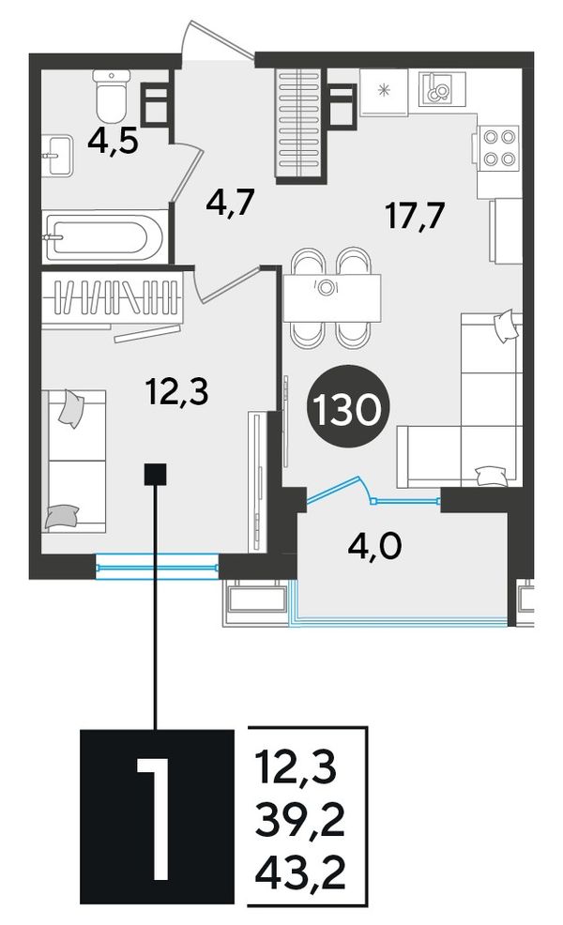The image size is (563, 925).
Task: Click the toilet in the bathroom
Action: coord(112,95)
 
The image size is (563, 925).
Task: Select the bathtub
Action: coord(104,236)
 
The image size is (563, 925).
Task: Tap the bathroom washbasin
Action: coord(57,155)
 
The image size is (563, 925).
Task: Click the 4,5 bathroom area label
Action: coord(113,142)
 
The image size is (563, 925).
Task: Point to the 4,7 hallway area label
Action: coord(230,205)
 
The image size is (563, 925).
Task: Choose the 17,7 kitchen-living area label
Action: coord(415,216)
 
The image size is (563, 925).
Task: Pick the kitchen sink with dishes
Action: coord(441,88)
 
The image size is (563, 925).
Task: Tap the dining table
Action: coord(331,298)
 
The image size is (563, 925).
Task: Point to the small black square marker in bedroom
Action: coord(156,475)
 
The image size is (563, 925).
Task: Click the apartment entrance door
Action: coord(219,41)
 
